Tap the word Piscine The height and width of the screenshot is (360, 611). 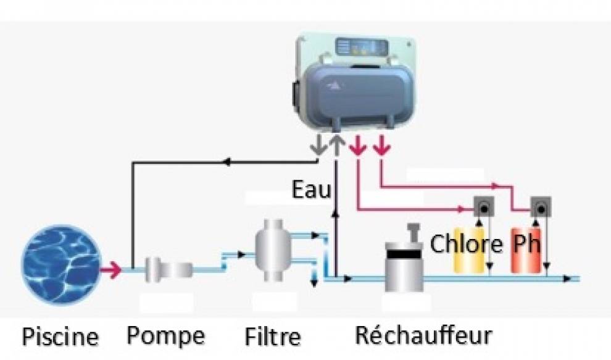point(60,337)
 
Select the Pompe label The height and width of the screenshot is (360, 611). point(165,335)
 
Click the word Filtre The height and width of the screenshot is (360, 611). point(273,337)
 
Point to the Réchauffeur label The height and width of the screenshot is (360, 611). point(423,335)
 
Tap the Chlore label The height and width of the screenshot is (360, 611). point(466,243)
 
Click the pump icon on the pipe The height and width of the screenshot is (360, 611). point(168,269)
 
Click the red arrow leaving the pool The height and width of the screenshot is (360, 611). point(111,269)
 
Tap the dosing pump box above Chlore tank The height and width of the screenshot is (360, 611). point(482,207)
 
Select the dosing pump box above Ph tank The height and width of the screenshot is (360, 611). point(541,207)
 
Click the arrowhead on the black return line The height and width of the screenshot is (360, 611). point(227,162)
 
